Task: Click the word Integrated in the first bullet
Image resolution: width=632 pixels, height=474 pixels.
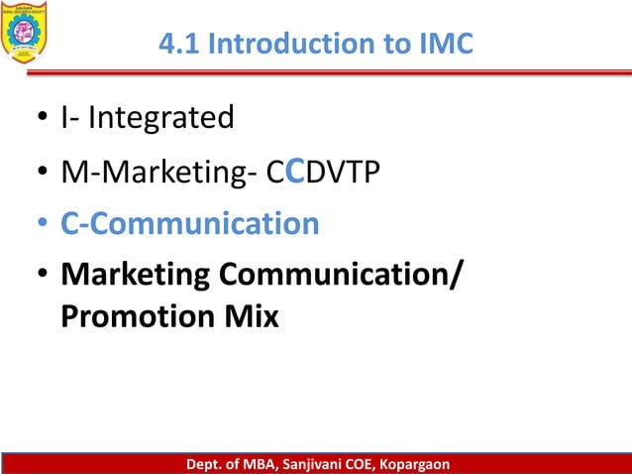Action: coord(161,118)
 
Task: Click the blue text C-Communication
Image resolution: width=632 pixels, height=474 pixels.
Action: coord(189,224)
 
